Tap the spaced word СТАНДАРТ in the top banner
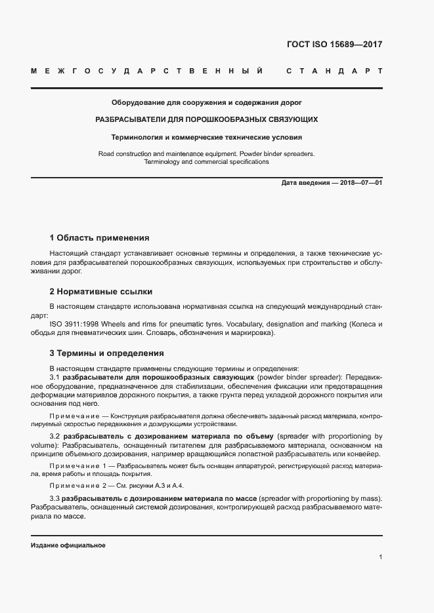334,70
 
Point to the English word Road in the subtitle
107,153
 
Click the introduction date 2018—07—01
361,183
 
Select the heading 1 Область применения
100,238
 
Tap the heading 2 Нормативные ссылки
102,292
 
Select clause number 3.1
55,378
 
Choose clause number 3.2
55,436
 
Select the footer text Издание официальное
68,545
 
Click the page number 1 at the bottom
380,557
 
